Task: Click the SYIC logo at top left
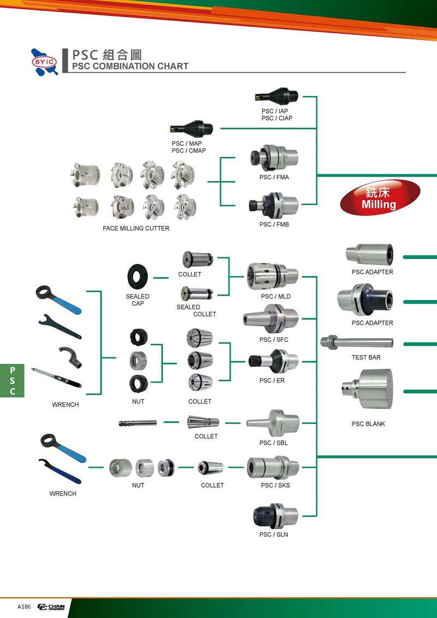click(44, 61)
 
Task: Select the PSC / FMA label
click(274, 178)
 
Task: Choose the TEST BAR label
click(366, 357)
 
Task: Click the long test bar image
click(356, 343)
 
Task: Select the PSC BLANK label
click(368, 424)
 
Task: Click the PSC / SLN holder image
click(275, 515)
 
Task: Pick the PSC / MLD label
click(276, 297)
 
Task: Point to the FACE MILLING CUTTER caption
click(136, 228)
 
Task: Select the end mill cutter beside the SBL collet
click(138, 423)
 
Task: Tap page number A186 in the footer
click(24, 607)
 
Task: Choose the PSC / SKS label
click(275, 485)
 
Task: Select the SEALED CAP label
click(138, 300)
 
